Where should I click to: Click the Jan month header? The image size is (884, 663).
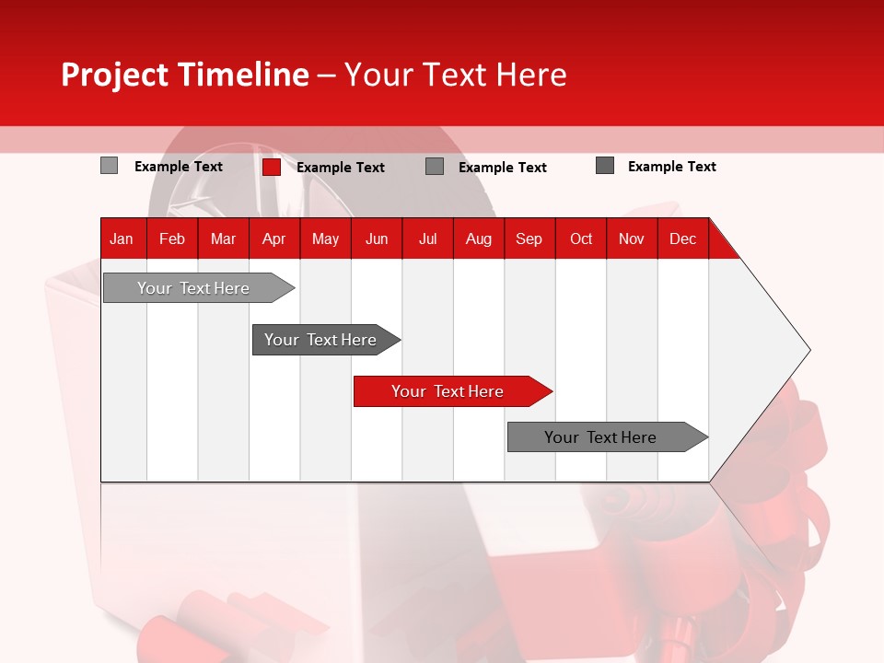(122, 239)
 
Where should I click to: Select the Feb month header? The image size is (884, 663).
(172, 239)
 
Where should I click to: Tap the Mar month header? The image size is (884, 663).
(223, 239)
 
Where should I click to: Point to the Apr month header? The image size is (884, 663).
(273, 239)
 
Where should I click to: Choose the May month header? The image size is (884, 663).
(325, 239)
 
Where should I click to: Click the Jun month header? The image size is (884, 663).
(377, 239)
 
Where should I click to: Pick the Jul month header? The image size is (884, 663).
(427, 239)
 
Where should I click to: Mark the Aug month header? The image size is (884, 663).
(479, 239)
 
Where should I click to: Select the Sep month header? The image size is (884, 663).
(529, 239)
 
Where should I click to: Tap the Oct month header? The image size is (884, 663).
(581, 239)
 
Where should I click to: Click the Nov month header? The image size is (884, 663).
(632, 239)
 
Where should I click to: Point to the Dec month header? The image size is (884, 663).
(682, 239)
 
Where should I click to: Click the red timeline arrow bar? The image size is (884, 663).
(451, 391)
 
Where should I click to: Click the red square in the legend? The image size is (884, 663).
(271, 167)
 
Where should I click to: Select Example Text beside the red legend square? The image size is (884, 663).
(341, 168)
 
